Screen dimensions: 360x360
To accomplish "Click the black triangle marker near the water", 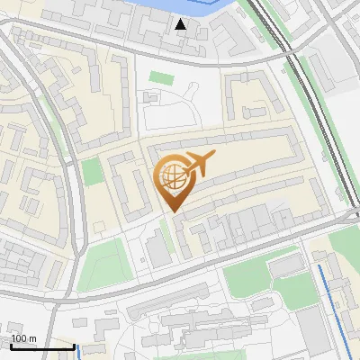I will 182,23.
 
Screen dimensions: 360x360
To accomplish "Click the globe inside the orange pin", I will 171,177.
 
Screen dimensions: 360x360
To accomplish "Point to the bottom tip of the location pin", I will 173,211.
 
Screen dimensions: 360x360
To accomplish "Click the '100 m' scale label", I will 23,337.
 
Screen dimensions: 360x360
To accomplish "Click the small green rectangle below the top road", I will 160,77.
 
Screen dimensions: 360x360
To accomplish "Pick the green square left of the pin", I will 93,172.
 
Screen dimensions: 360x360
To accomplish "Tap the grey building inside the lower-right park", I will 287,265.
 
